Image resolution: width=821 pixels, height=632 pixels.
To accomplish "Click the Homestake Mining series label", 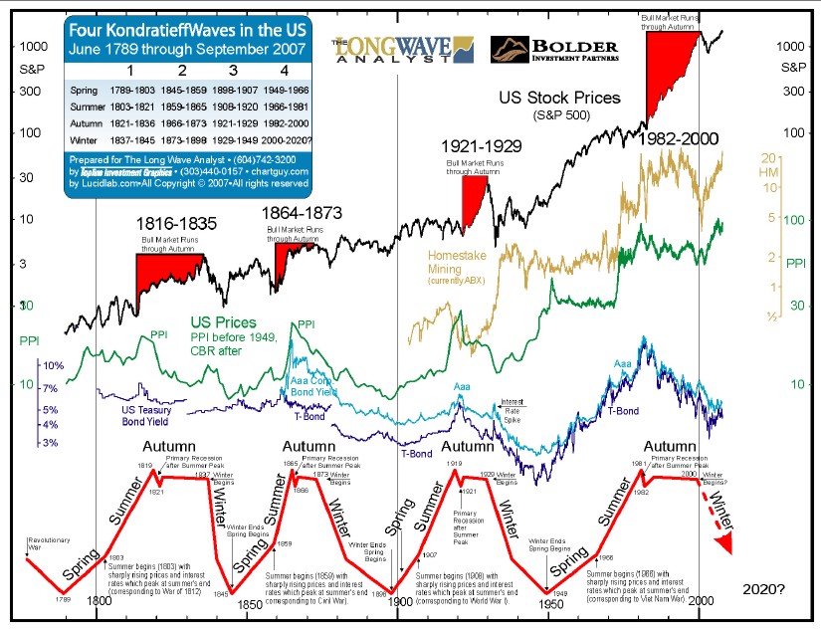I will coord(458,263).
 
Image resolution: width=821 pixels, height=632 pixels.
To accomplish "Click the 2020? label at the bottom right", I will coord(763,589).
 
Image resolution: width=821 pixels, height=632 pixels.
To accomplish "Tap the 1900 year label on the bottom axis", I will coord(399,602).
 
